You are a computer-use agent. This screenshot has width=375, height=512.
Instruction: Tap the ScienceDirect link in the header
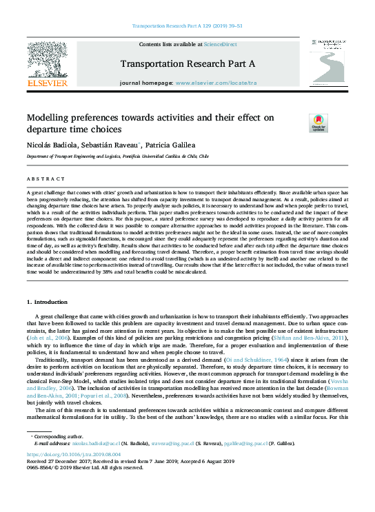[x=220, y=43]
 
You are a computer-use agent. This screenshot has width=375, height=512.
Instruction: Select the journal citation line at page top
[x=187, y=26]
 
